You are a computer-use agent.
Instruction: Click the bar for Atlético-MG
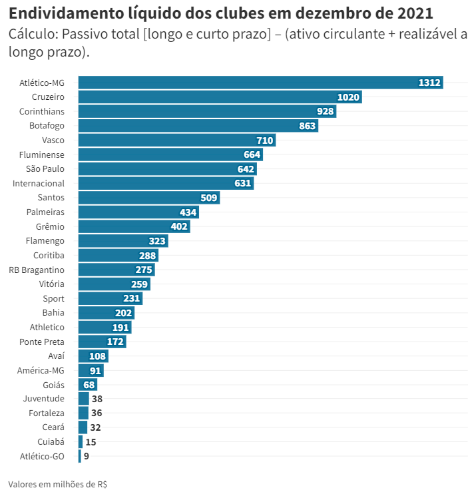click(x=260, y=83)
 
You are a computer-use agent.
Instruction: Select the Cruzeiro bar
click(x=220, y=97)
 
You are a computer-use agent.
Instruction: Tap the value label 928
click(x=325, y=111)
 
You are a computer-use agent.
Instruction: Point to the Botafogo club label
click(x=47, y=126)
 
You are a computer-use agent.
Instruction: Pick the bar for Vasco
click(x=176, y=140)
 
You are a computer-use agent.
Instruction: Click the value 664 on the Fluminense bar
click(x=252, y=154)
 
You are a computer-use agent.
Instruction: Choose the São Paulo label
click(x=45, y=169)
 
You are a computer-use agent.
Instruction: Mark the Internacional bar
click(x=166, y=183)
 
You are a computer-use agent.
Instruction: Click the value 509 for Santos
click(x=209, y=198)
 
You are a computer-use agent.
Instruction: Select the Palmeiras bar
click(x=138, y=212)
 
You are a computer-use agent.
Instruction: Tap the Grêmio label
click(x=50, y=226)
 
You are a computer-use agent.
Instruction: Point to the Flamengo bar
click(x=122, y=241)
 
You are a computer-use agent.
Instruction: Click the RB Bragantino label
click(x=37, y=270)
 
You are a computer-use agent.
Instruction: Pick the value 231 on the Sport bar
click(x=131, y=299)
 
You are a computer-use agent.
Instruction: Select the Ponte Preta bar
click(x=102, y=342)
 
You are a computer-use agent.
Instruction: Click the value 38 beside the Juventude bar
click(x=97, y=399)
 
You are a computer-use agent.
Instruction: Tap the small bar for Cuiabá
click(x=81, y=442)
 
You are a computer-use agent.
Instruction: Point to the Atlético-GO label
click(x=43, y=456)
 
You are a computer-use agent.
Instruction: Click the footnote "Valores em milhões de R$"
click(x=58, y=484)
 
